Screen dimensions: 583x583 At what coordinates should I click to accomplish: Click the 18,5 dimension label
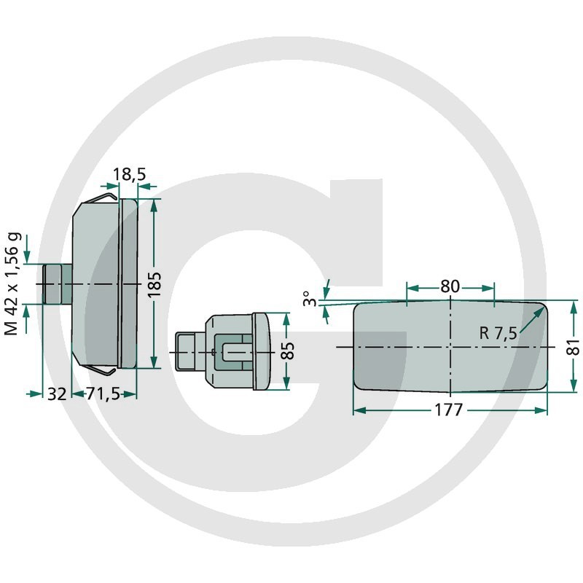(x=129, y=174)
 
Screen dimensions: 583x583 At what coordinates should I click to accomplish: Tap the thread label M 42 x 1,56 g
(x=12, y=284)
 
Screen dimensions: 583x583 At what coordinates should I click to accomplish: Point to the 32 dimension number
(x=57, y=394)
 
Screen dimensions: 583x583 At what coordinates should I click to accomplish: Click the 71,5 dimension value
(x=103, y=394)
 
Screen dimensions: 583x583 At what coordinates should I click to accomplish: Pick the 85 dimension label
(x=287, y=351)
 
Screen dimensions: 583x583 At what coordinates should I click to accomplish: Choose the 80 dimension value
(x=450, y=286)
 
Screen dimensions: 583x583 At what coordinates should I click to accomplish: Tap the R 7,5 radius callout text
(x=498, y=333)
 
